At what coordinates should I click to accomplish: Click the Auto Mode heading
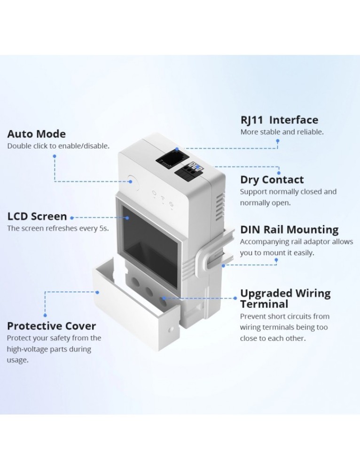click(36, 134)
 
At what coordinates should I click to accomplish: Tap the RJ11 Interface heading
click(279, 120)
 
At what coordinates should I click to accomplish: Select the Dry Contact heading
click(272, 180)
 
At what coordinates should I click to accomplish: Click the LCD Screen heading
click(37, 217)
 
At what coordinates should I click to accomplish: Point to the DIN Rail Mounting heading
click(289, 230)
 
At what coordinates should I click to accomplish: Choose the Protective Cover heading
click(51, 326)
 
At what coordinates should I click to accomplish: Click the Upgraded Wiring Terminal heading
click(285, 298)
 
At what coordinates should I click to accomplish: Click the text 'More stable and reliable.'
click(282, 132)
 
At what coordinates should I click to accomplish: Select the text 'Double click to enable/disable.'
click(58, 146)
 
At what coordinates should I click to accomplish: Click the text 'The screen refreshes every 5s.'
click(58, 228)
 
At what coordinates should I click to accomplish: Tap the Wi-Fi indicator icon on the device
click(163, 198)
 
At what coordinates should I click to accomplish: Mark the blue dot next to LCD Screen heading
click(71, 218)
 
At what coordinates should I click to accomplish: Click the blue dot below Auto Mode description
click(55, 156)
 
